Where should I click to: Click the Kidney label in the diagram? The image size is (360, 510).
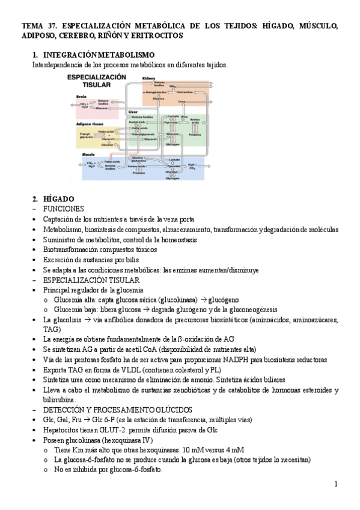148,78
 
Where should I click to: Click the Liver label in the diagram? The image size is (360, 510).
133,112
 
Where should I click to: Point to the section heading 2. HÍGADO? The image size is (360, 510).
53,198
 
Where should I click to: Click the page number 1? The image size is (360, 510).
336,484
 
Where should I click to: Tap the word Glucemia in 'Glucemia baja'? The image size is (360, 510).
68,309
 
